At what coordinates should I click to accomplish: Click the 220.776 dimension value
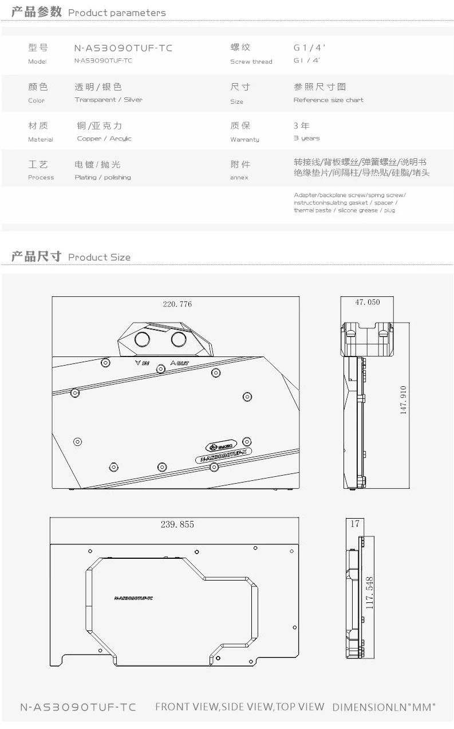pos(177,304)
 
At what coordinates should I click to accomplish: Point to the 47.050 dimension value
pos(367,302)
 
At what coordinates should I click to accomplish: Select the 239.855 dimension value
pos(177,524)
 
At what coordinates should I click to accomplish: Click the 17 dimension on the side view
pos(355,523)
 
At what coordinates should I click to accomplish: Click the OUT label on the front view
pos(180,363)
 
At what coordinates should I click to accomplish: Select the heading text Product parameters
pos(117,13)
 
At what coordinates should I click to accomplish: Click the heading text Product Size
pos(99,257)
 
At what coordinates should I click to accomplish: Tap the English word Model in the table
pos(37,62)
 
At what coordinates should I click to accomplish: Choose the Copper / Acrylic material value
pos(104,139)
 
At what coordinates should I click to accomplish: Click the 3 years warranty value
pos(307,139)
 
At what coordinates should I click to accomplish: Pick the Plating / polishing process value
pos(103,178)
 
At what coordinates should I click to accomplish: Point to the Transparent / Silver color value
pos(109,100)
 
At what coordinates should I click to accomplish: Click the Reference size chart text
pos(329,100)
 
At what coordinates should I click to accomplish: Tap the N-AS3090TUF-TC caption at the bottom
pos(78,707)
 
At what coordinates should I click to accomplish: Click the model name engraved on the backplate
pos(133,598)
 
